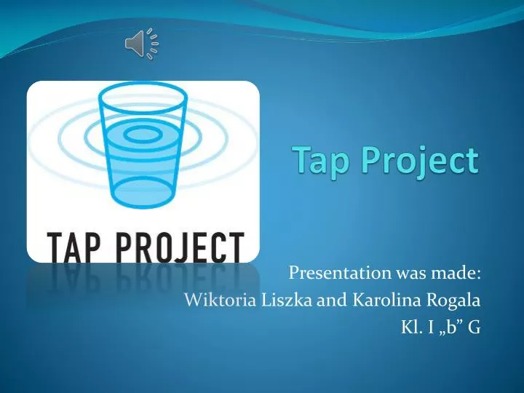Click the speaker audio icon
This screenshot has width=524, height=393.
click(142, 44)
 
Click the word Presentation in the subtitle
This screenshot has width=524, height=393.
click(330, 273)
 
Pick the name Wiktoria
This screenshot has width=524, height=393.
click(215, 300)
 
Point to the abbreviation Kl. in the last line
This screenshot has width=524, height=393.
click(410, 327)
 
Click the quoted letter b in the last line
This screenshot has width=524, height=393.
click(450, 327)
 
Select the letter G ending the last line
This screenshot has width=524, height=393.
click(474, 327)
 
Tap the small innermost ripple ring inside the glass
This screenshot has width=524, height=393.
click(146, 132)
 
